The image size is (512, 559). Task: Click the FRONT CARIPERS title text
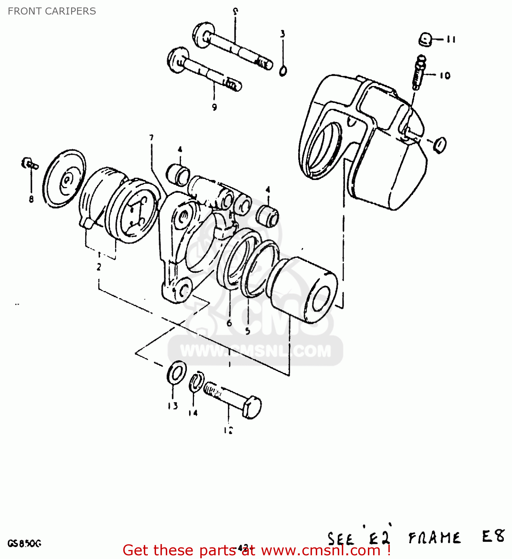(x=52, y=11)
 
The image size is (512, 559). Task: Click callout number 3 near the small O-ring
(x=283, y=34)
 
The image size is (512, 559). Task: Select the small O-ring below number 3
(x=283, y=71)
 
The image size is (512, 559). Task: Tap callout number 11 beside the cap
(x=451, y=39)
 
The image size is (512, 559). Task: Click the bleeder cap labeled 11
(x=426, y=39)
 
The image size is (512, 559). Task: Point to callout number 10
(x=445, y=76)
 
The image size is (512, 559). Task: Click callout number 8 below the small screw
(x=31, y=199)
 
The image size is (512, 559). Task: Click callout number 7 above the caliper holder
(x=152, y=138)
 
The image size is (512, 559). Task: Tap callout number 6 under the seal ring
(x=229, y=323)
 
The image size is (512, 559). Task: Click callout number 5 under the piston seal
(x=248, y=331)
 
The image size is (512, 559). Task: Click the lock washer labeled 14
(x=196, y=382)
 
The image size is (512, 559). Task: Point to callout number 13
(x=172, y=406)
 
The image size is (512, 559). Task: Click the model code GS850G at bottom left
(x=25, y=544)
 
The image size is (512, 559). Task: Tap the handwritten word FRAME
(x=434, y=538)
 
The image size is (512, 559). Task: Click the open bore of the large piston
(x=320, y=299)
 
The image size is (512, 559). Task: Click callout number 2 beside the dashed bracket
(x=99, y=267)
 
